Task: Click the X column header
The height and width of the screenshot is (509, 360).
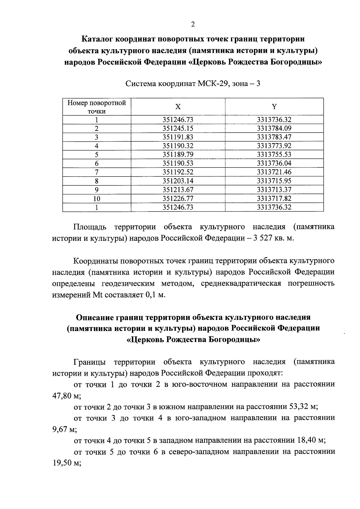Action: click(x=178, y=107)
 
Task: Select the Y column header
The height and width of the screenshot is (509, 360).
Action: click(x=274, y=107)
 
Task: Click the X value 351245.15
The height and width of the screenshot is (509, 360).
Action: click(x=178, y=128)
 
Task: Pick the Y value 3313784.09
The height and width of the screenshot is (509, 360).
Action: click(x=274, y=128)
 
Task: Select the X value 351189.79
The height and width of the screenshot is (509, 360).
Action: click(x=178, y=155)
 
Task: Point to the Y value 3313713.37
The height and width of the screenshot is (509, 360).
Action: click(x=274, y=190)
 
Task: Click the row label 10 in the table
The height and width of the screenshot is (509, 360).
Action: click(x=97, y=199)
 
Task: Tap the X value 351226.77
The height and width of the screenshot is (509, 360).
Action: click(x=178, y=198)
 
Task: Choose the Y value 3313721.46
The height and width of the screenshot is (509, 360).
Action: click(x=274, y=172)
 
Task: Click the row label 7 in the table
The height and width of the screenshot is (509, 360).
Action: click(x=97, y=172)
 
